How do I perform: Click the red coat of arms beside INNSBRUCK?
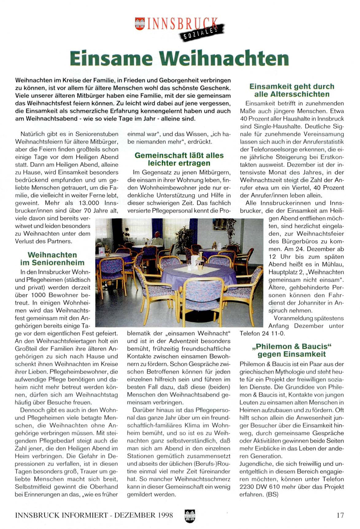(140, 24)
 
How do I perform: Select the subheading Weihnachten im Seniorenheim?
(52, 259)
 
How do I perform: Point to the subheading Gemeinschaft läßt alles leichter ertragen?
(179, 159)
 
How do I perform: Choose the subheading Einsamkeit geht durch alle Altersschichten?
(292, 90)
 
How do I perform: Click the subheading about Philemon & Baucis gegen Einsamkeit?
(292, 350)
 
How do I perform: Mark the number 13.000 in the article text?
(89, 203)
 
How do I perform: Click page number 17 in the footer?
(340, 515)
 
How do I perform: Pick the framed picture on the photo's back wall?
(220, 224)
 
